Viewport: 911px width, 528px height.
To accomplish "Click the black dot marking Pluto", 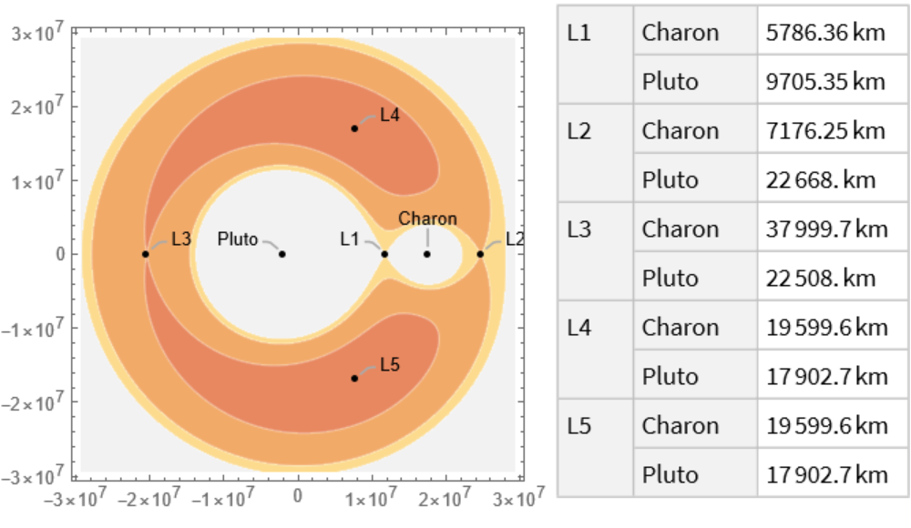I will click(x=282, y=254).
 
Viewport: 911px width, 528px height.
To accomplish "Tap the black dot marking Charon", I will click(x=426, y=254).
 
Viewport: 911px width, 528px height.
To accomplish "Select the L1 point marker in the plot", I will click(x=384, y=254).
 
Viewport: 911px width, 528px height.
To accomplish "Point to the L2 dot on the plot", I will click(x=480, y=254).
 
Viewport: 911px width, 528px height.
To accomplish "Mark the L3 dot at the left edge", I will click(x=146, y=254).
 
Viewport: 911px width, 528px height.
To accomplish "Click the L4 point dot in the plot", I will click(x=354, y=128).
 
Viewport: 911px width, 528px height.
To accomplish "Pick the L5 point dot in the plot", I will click(x=354, y=378).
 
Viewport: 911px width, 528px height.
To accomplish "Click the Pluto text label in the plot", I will click(x=238, y=239).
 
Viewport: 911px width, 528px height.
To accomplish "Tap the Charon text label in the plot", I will click(x=427, y=219).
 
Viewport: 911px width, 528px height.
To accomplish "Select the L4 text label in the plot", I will click(x=390, y=116).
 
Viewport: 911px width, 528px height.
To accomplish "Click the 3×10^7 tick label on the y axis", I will click(x=37, y=35).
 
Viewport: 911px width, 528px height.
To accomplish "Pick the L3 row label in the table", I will click(x=579, y=228).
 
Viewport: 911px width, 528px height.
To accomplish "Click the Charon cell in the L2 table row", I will click(x=681, y=130).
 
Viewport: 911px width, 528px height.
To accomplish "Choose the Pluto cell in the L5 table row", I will click(x=670, y=474).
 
